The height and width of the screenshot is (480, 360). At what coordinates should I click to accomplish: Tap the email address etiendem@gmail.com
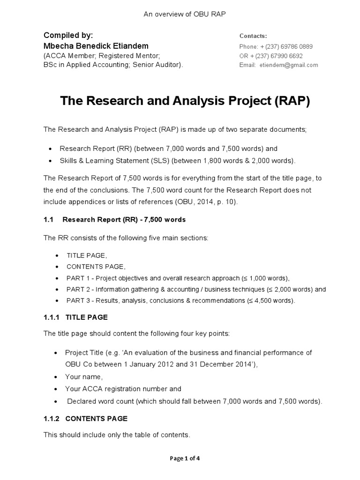pos(288,65)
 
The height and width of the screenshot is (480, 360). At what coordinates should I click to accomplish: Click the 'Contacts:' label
pos(253,36)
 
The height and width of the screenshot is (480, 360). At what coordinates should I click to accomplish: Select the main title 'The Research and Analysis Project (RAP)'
pos(185,101)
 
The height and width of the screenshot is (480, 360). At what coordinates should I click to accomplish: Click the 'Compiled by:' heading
pos(68,36)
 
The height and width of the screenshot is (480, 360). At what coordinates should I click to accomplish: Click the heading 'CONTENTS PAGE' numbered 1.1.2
pos(96,419)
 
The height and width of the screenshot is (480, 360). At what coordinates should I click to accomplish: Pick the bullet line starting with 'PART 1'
pos(178,277)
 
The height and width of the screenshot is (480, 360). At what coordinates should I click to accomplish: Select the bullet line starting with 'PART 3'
pos(181,300)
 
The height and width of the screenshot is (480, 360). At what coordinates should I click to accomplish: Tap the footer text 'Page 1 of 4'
pos(185,458)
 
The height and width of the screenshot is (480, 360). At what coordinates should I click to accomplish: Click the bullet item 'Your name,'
pos(84,376)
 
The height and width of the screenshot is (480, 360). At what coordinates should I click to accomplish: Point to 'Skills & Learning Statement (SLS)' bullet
pos(177,161)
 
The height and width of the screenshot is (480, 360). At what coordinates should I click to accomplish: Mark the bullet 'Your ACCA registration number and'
pos(123,389)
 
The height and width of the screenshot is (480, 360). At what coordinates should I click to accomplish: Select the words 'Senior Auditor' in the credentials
pos(158,65)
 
